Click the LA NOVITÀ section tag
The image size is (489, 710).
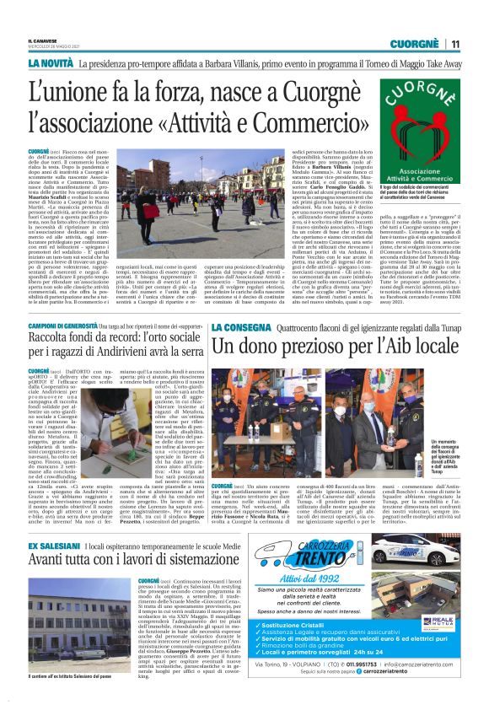(50, 63)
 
